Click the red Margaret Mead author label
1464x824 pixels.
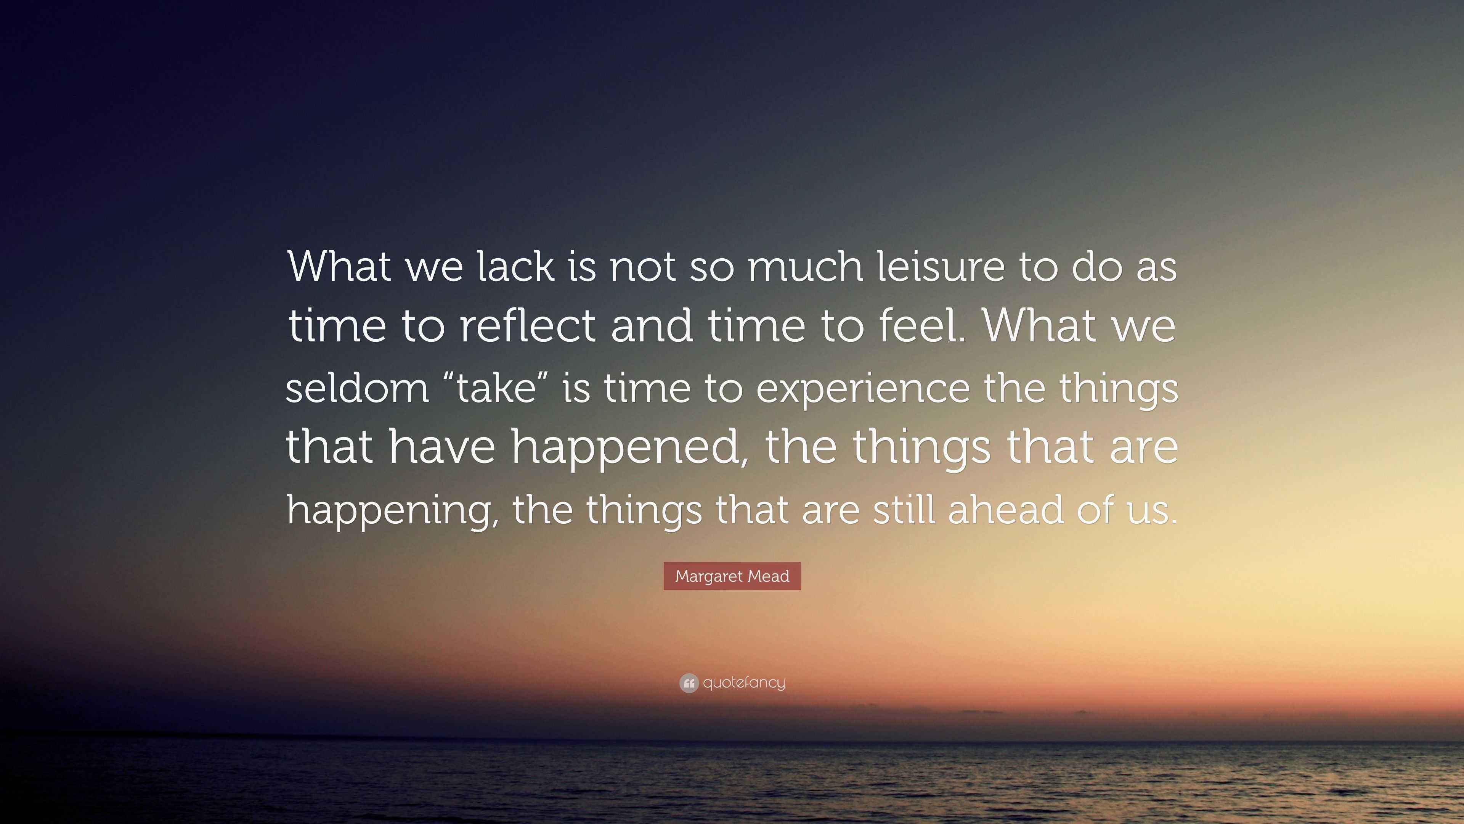(x=732, y=576)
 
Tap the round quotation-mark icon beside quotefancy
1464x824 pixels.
(x=689, y=683)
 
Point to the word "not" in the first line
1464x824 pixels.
(x=643, y=267)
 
